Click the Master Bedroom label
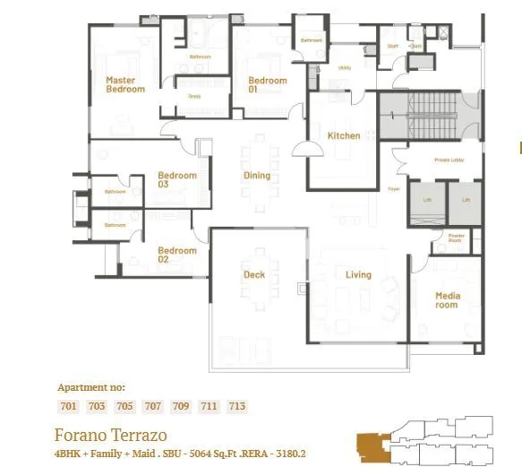(x=124, y=84)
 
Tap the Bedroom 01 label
(x=267, y=85)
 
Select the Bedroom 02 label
(x=176, y=255)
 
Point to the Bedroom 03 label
(x=176, y=179)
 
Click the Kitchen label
(x=344, y=136)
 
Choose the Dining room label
(x=257, y=176)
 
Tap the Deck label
(x=254, y=275)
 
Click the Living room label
(x=358, y=275)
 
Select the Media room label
(x=447, y=300)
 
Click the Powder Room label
(x=455, y=238)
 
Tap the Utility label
(x=344, y=67)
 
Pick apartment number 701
(x=68, y=407)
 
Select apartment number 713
(x=236, y=407)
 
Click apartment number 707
(x=152, y=407)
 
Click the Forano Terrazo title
(x=110, y=436)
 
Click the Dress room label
(x=194, y=96)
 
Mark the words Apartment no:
(x=91, y=388)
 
